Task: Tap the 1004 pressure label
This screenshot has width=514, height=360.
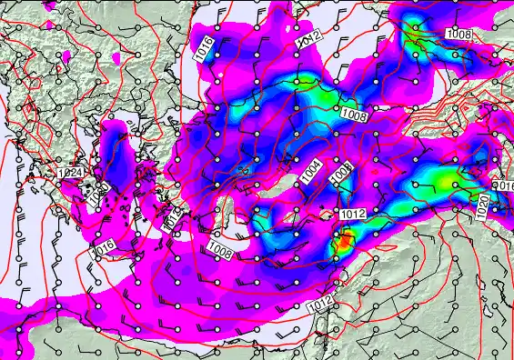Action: [311, 170]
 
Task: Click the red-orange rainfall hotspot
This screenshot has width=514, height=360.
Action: [344, 242]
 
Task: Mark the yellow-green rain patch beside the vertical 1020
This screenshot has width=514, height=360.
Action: [443, 181]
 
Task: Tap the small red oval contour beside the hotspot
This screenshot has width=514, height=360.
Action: [333, 243]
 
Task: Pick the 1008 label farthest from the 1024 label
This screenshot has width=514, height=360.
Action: [459, 34]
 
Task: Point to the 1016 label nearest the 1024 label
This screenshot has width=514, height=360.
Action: [102, 245]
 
